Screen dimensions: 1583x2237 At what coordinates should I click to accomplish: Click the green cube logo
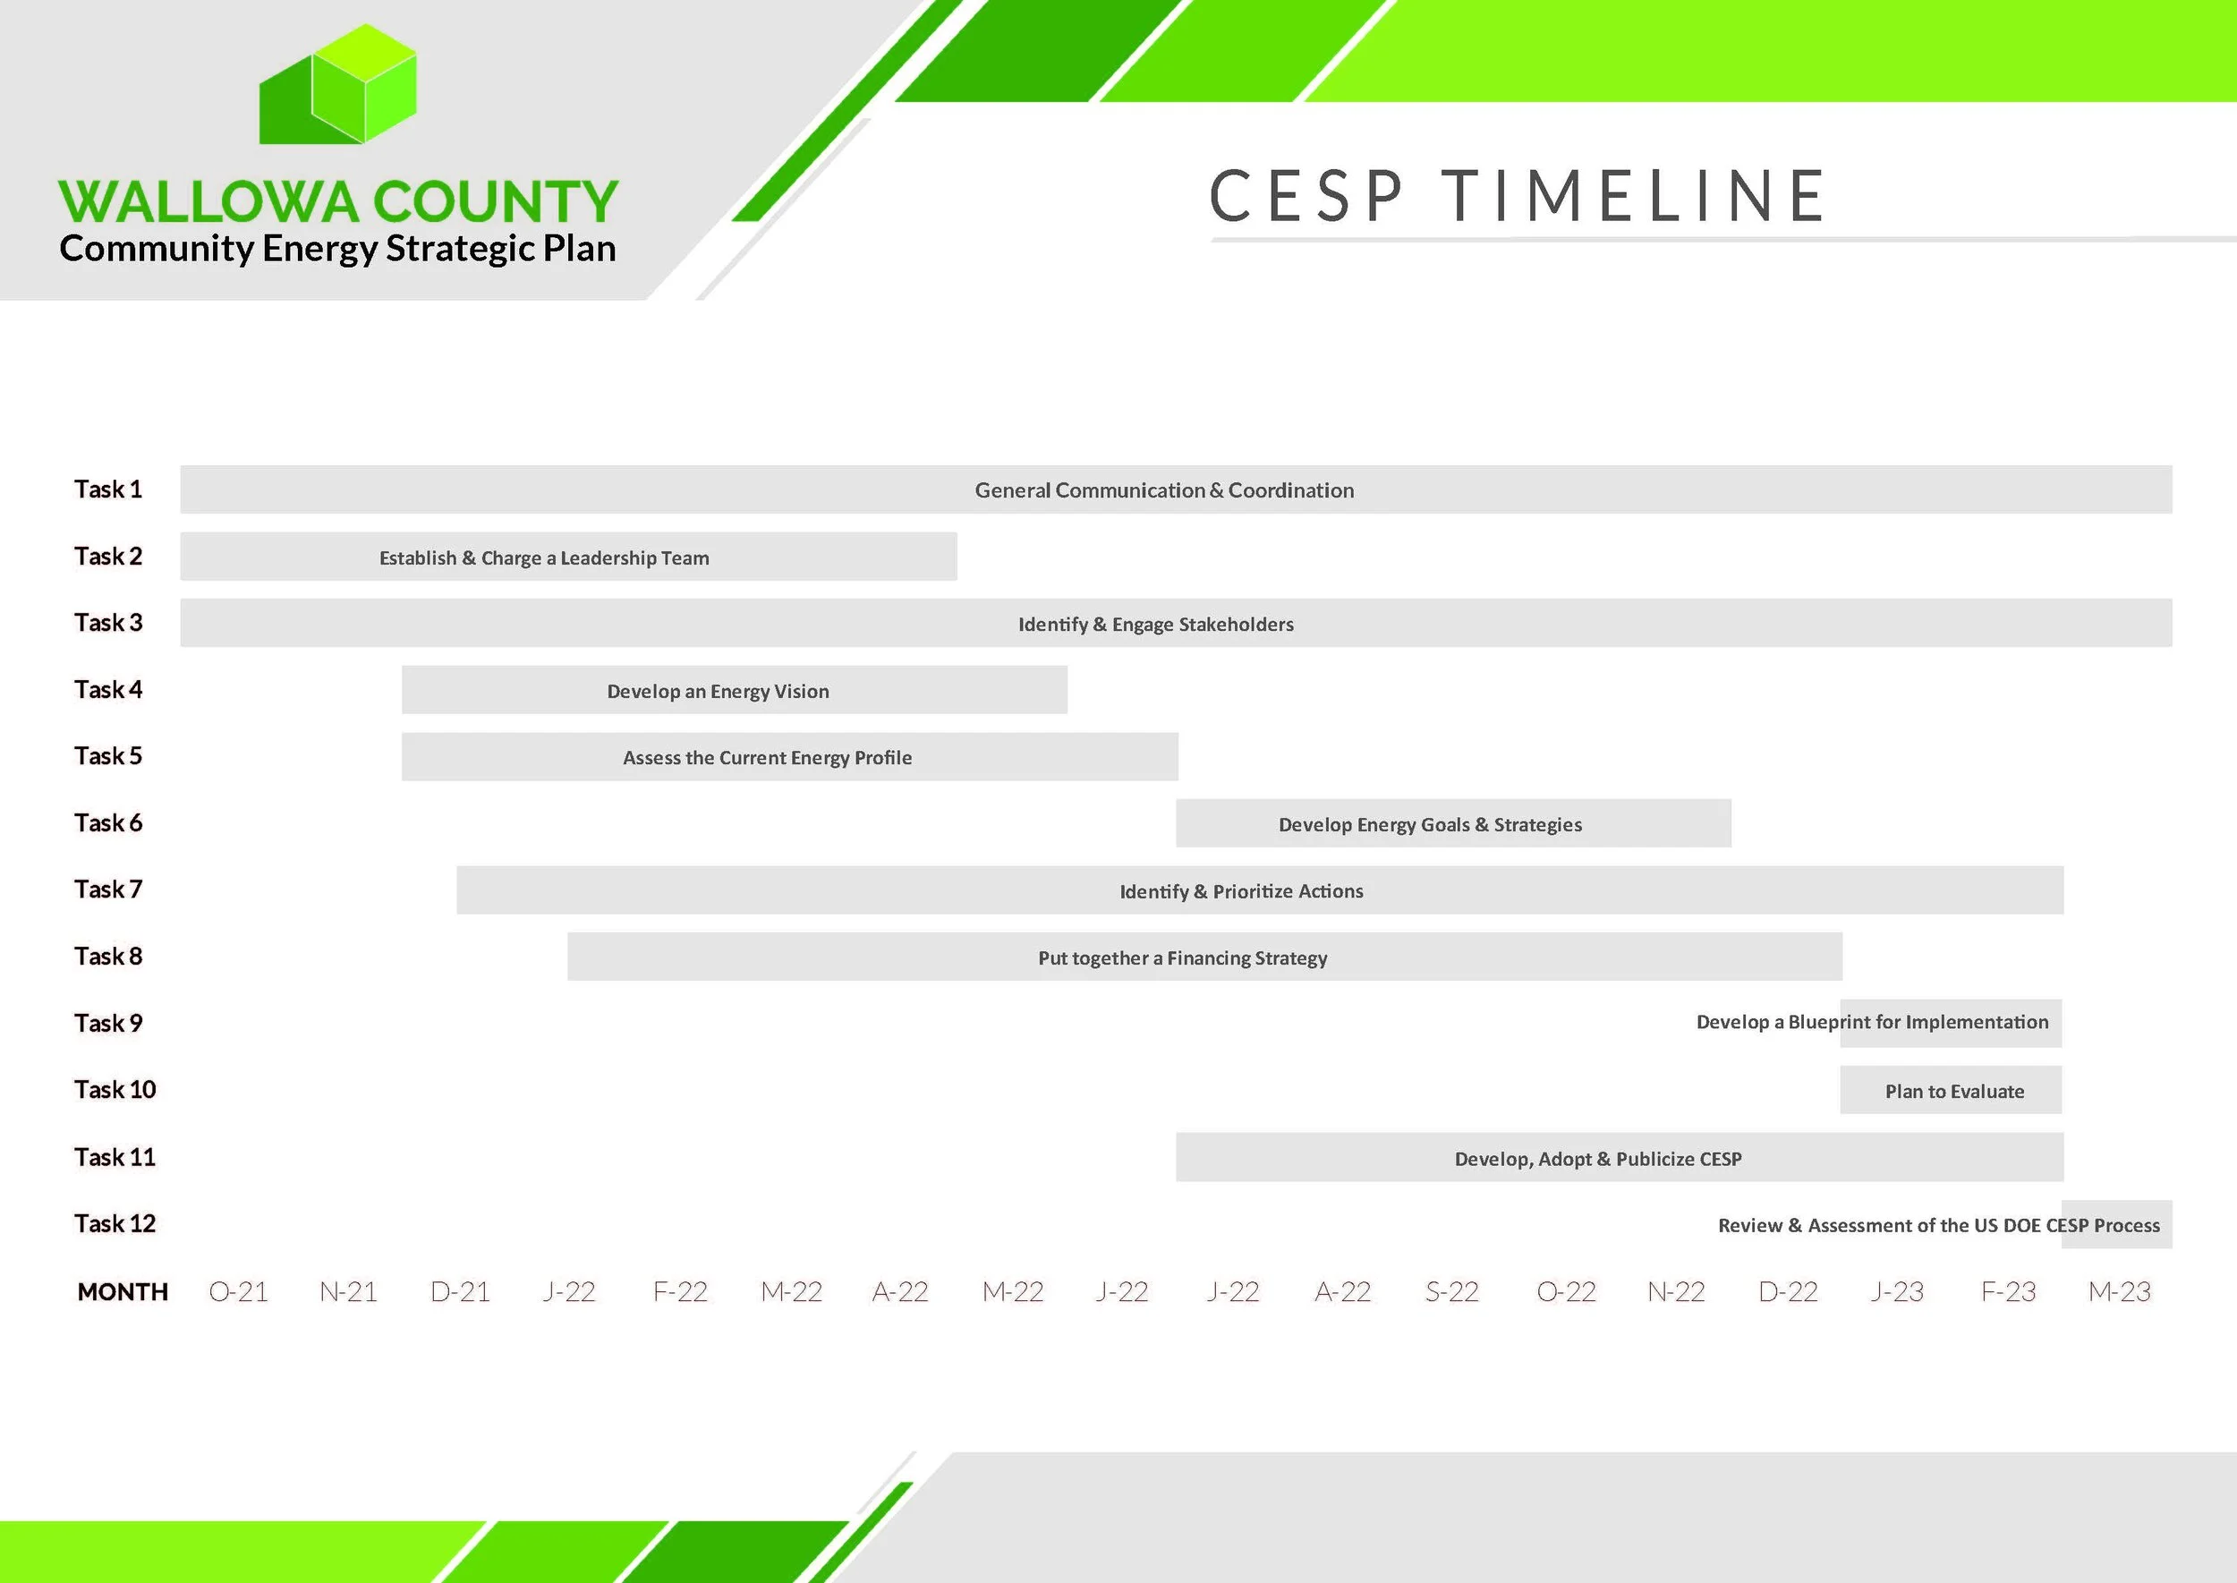(x=337, y=86)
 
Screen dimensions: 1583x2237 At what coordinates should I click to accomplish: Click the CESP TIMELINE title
(x=1517, y=196)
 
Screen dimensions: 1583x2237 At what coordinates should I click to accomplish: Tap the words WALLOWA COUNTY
(x=337, y=200)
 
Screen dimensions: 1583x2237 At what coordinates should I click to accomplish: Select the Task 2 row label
(x=108, y=557)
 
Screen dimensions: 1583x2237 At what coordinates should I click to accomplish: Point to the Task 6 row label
(x=108, y=823)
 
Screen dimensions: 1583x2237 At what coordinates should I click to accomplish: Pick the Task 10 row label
(x=115, y=1090)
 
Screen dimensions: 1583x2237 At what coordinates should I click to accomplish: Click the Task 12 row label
(x=115, y=1224)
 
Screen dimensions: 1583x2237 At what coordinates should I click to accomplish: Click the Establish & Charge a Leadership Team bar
(x=568, y=557)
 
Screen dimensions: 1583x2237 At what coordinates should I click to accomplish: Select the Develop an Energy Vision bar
(x=734, y=690)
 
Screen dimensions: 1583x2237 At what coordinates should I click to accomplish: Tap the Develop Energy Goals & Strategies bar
(x=1452, y=823)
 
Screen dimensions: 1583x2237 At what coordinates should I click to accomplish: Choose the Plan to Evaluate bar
(x=1951, y=1091)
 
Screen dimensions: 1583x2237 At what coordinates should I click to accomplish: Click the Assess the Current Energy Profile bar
(x=789, y=757)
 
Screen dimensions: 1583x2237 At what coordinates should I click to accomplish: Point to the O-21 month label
(x=238, y=1292)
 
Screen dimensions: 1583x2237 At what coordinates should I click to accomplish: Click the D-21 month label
(x=460, y=1292)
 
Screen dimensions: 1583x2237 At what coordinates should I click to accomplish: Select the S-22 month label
(x=1451, y=1292)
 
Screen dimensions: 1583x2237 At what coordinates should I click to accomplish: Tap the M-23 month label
(x=2119, y=1292)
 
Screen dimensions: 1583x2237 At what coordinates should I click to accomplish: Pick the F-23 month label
(x=2008, y=1292)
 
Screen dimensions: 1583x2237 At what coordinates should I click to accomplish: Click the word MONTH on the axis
(x=123, y=1292)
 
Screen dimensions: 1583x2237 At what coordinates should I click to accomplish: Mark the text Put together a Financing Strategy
(x=1182, y=958)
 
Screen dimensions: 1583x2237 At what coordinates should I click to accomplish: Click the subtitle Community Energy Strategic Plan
(x=337, y=249)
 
